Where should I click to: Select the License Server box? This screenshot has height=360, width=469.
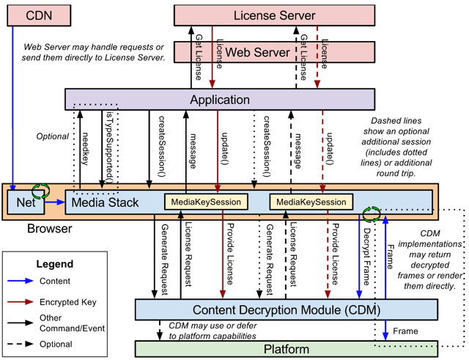click(275, 15)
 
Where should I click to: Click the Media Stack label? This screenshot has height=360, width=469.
click(102, 202)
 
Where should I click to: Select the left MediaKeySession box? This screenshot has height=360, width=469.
click(206, 202)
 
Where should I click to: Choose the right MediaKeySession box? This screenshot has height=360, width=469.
click(310, 202)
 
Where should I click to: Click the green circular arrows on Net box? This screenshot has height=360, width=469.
click(43, 194)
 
